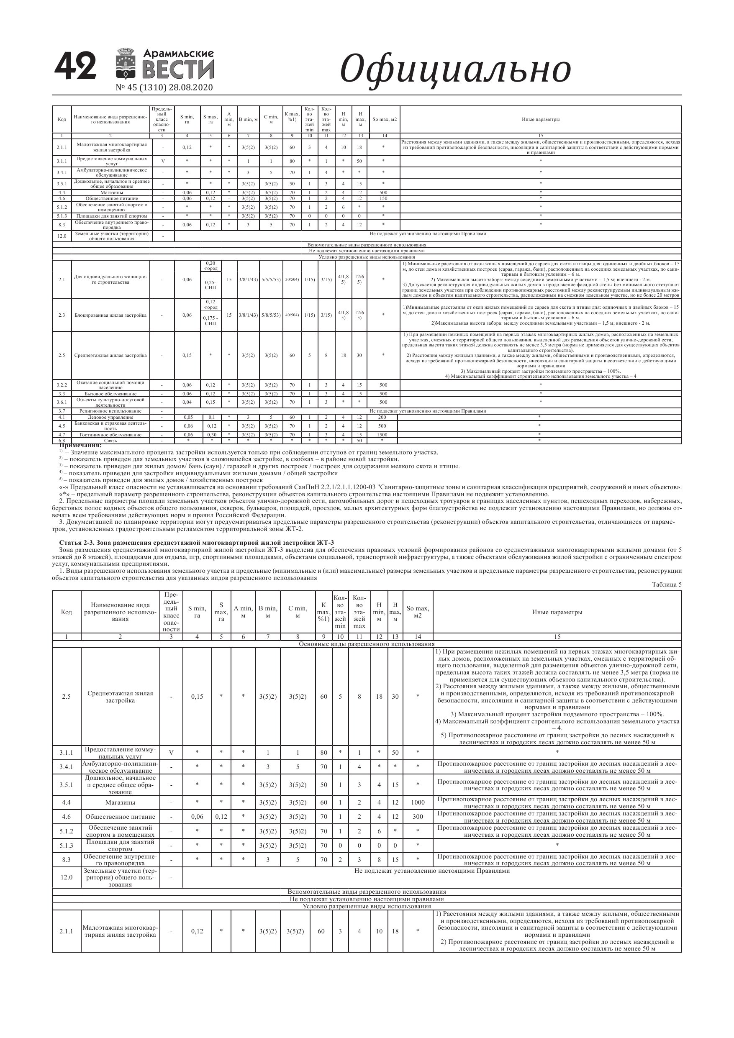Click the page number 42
point(75,67)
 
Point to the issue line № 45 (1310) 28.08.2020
point(164,88)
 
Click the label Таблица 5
point(666,584)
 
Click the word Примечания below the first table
point(80,446)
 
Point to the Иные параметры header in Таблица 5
point(557,612)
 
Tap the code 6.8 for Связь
point(62,440)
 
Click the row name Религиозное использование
point(110,411)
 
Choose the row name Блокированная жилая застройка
point(110,315)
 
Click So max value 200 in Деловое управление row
point(383,417)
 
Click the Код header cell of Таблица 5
point(67,612)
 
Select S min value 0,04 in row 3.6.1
point(187,402)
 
